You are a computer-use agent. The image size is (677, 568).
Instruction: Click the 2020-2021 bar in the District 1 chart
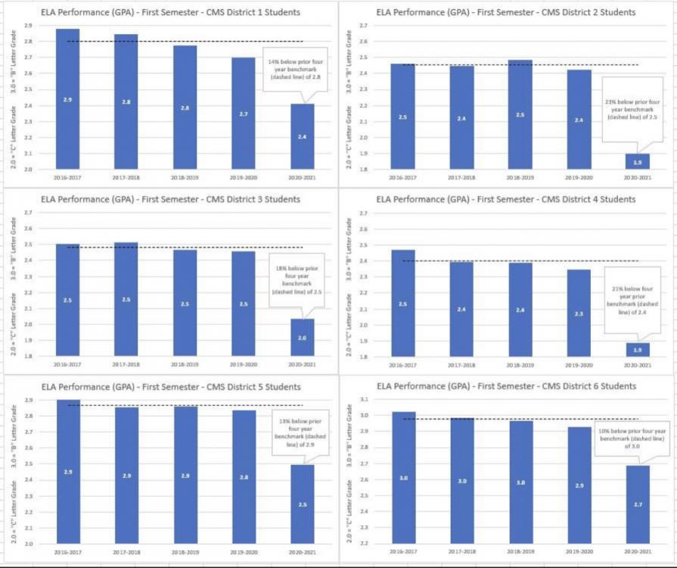pyautogui.click(x=303, y=136)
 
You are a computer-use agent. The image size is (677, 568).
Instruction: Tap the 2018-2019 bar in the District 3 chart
pyautogui.click(x=185, y=303)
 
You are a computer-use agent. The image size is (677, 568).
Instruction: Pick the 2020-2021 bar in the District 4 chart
pyautogui.click(x=638, y=349)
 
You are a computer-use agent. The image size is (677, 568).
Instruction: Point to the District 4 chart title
pyautogui.click(x=505, y=199)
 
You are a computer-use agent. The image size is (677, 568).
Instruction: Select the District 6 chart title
pyautogui.click(x=505, y=386)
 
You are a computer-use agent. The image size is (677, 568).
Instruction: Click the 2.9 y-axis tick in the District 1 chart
pyautogui.click(x=28, y=26)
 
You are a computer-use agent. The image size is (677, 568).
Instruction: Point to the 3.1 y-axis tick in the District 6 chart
pyautogui.click(x=365, y=399)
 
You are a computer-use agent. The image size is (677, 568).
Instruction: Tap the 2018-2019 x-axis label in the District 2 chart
pyautogui.click(x=520, y=178)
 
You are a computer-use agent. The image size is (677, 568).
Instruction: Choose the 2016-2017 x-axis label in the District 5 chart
pyautogui.click(x=67, y=554)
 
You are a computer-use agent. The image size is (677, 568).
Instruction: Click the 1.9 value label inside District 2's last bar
pyautogui.click(x=638, y=162)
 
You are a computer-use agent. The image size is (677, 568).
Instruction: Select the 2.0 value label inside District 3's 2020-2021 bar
pyautogui.click(x=303, y=337)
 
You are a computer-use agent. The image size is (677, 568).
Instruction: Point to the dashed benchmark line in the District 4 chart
pyautogui.click(x=529, y=261)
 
